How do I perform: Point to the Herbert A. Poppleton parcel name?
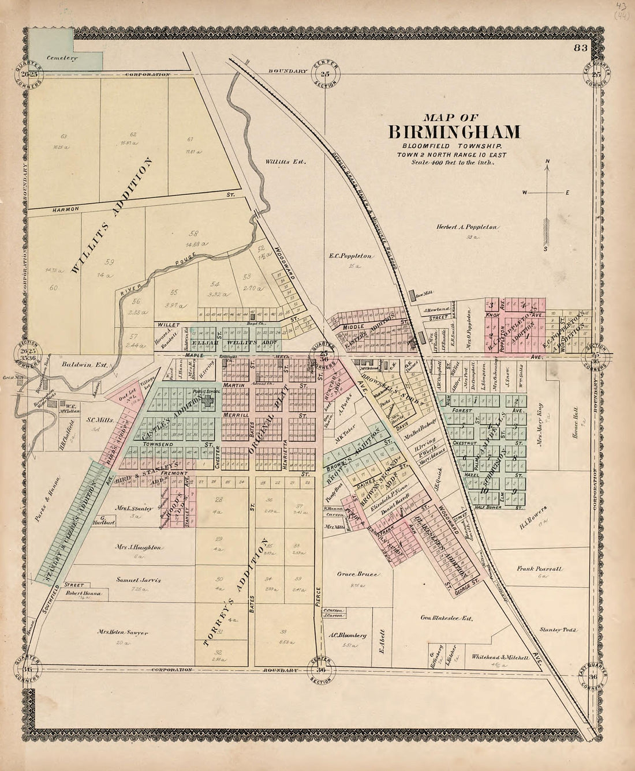467,227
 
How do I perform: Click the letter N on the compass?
548,161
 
